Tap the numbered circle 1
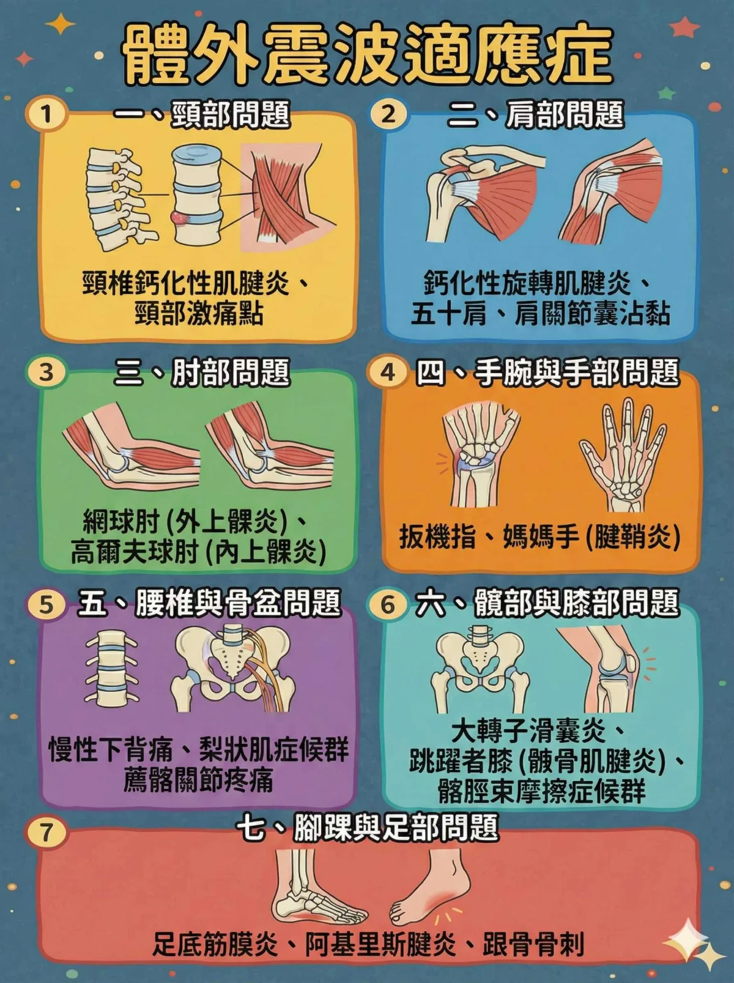pos(46,114)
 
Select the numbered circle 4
pos(388,372)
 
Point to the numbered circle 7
pos(46,832)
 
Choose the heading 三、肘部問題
pos(202,373)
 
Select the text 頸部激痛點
pos(199,314)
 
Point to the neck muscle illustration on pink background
pos(280,196)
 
